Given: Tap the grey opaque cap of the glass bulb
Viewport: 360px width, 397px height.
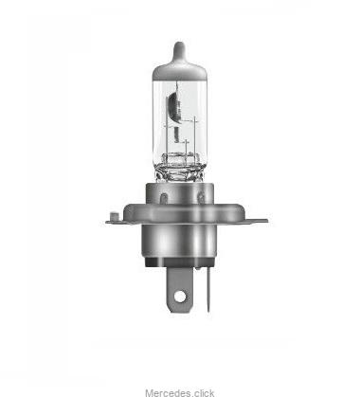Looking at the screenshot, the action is coord(179,69).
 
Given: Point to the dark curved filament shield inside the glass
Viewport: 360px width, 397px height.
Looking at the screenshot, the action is coord(173,107).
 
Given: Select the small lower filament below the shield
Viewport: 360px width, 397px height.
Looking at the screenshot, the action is coord(176,135).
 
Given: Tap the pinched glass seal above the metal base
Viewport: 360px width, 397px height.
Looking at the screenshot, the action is coord(179,168).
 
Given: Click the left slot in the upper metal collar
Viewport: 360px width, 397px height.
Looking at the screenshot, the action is coord(163,199).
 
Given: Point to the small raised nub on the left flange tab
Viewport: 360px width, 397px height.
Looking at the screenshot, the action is coord(114,217).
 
